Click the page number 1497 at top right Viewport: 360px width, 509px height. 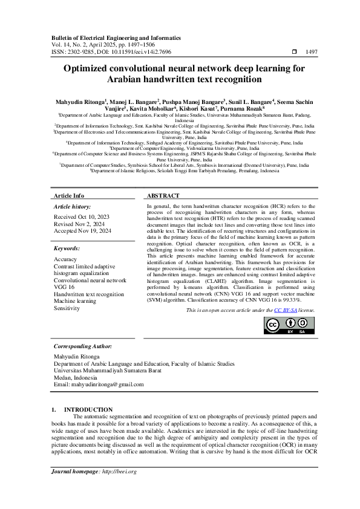point(312,53)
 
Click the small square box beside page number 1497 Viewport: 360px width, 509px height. point(294,53)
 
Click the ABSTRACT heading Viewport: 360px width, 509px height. point(163,196)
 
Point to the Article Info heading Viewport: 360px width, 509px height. point(69,196)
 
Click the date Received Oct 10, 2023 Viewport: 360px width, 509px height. point(82,216)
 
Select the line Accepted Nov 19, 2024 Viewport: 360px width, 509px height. point(82,230)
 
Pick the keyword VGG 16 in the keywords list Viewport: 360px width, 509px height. point(64,288)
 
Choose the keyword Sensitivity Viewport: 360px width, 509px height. point(67,308)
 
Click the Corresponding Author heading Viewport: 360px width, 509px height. point(83,346)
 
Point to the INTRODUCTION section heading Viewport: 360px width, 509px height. point(88,409)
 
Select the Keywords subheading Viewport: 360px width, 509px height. point(67,248)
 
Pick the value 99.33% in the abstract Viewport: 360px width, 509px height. point(299,299)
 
